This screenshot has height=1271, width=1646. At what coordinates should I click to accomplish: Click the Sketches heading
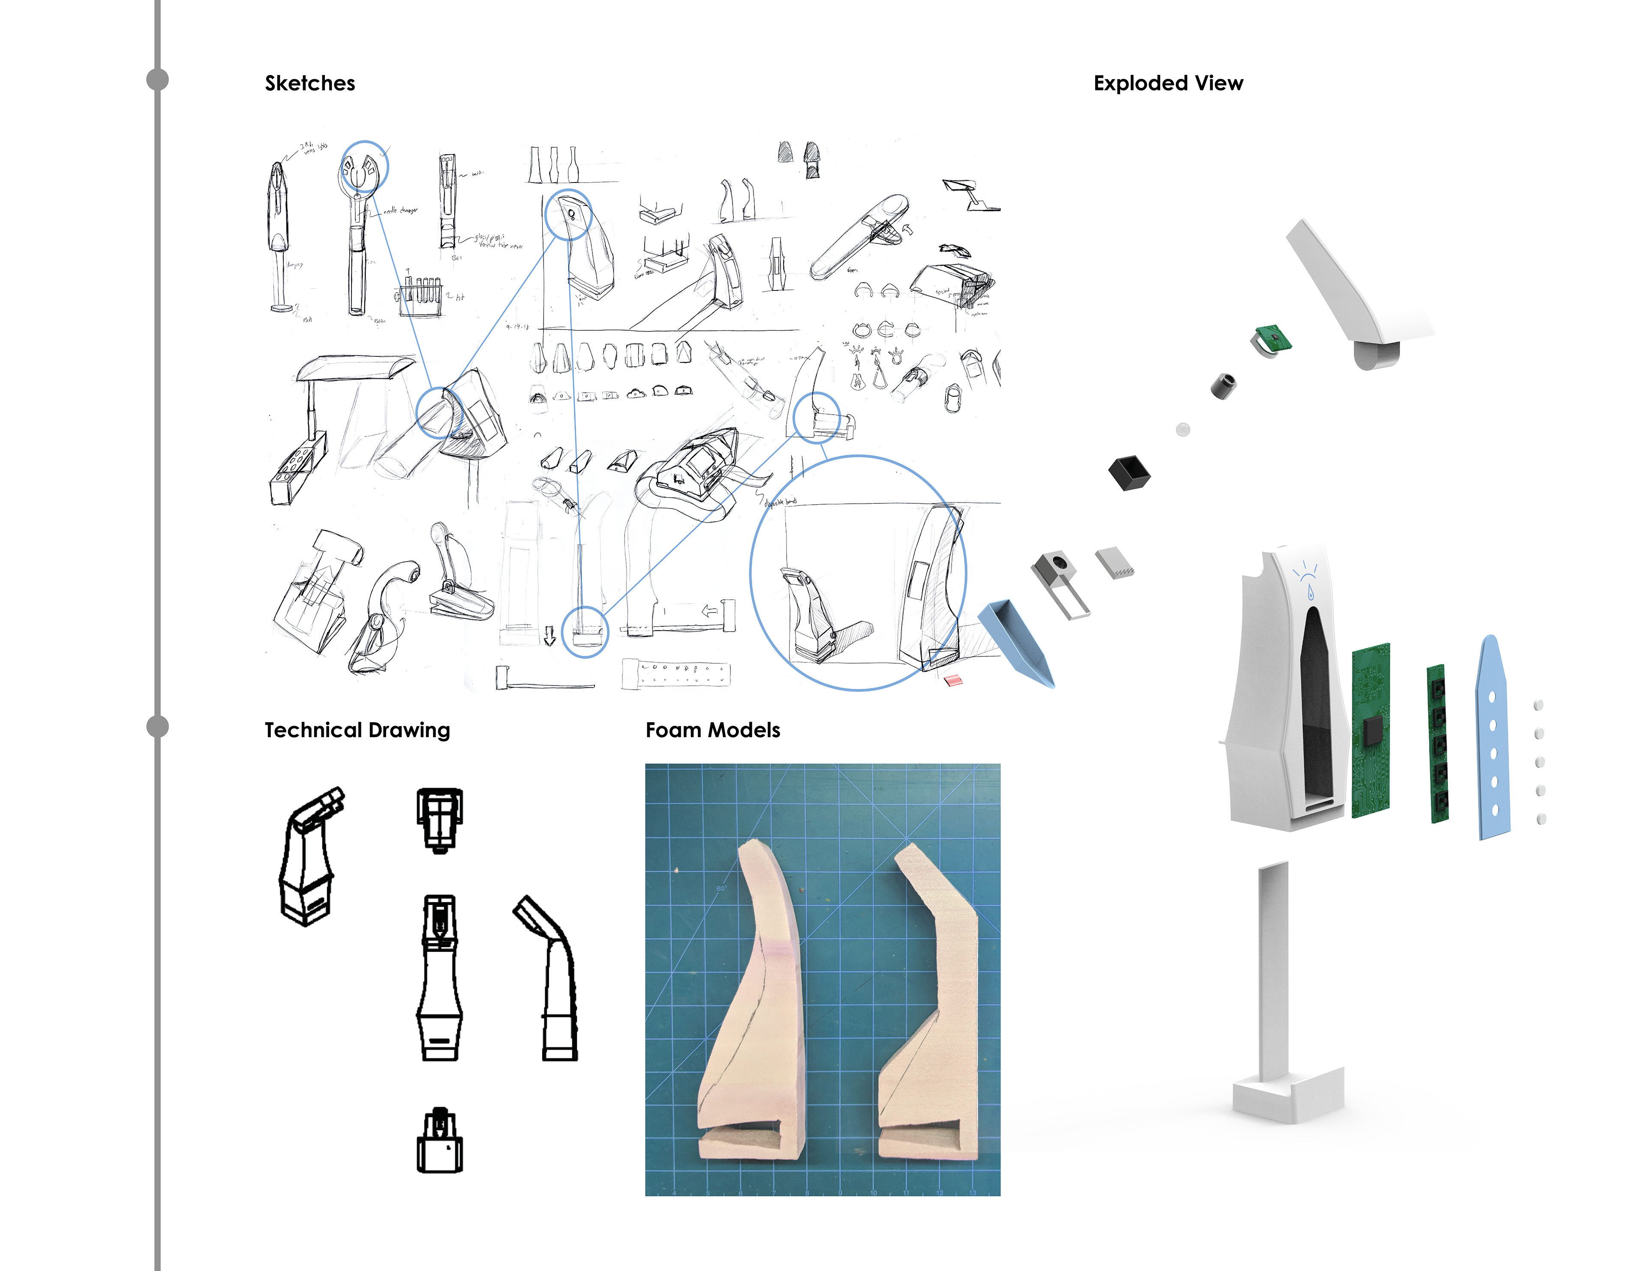[310, 83]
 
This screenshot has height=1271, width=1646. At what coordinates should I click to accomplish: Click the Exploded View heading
[1168, 83]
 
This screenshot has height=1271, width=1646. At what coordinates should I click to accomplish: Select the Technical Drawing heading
[357, 730]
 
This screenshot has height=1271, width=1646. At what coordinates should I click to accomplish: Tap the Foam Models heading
[712, 730]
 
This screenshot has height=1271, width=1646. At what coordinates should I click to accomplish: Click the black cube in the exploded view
[1129, 473]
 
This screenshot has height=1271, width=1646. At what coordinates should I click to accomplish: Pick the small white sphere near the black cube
[1183, 429]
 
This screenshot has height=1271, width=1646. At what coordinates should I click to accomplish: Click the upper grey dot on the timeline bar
[157, 79]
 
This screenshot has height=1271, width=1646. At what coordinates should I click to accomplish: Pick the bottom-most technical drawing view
[440, 1141]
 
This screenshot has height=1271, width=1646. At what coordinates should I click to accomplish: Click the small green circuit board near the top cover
[1273, 338]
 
